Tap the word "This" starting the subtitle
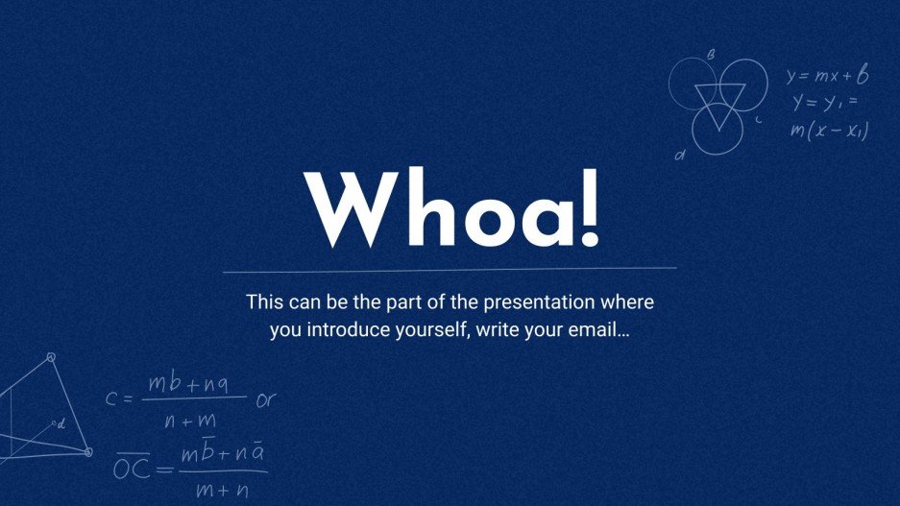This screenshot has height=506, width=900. (x=263, y=301)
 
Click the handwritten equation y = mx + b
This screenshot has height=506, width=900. (x=827, y=75)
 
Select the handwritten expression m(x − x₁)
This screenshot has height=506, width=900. (x=829, y=131)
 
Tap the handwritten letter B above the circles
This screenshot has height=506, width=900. (x=710, y=55)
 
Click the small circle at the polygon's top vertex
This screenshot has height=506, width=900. (x=51, y=357)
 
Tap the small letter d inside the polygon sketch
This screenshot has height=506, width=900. (x=61, y=422)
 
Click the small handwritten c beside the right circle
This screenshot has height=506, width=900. (x=759, y=120)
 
